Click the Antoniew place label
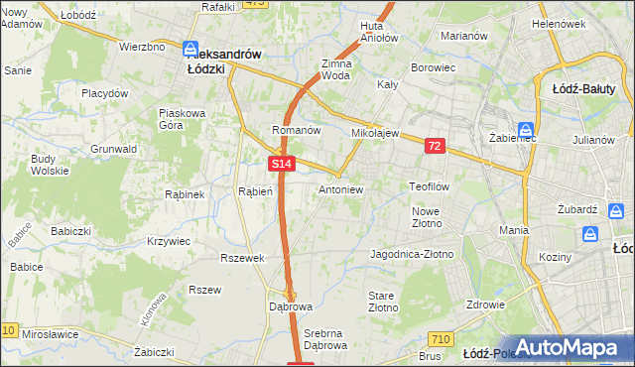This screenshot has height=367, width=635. [x=341, y=188]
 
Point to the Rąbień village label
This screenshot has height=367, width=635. [x=255, y=191]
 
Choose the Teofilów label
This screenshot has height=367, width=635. [x=431, y=185]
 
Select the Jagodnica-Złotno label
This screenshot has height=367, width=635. [x=411, y=254]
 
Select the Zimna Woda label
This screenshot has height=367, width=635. [x=336, y=68]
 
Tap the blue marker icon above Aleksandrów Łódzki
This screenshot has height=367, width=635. [x=192, y=45]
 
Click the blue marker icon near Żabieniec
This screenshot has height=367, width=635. [x=526, y=129]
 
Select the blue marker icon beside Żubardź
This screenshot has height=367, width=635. [x=617, y=211]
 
